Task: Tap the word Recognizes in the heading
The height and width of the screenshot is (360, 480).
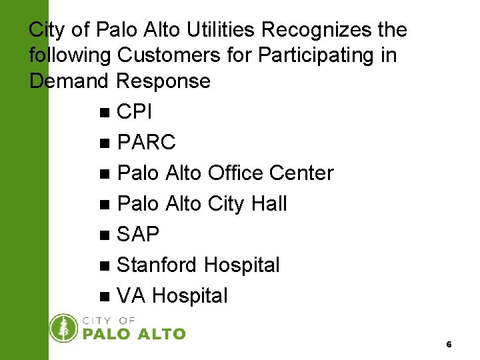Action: point(311,30)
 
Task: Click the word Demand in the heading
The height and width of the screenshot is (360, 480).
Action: point(69,81)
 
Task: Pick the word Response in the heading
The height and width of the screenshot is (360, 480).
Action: point(163,81)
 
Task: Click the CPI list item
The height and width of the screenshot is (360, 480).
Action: point(135,112)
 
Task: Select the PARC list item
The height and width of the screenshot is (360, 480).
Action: point(146,143)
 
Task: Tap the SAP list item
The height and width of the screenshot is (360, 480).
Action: point(138,234)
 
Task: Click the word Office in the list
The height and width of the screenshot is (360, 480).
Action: point(236,173)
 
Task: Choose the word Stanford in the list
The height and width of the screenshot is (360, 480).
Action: point(157,265)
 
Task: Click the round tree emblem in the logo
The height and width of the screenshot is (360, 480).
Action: point(64,328)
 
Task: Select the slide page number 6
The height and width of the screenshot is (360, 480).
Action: point(449,345)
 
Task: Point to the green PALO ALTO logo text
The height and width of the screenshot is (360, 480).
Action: point(134,333)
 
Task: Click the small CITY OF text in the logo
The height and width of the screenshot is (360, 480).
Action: point(109,320)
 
